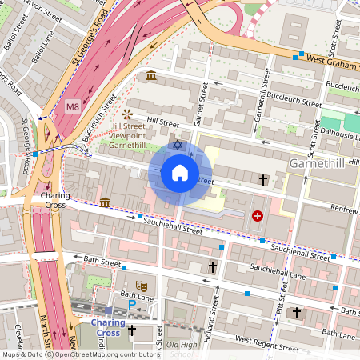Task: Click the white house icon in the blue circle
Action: pos(180,173)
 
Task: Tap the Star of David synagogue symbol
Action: pos(178,146)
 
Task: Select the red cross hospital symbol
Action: pos(258,215)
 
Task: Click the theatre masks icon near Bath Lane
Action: pos(142,285)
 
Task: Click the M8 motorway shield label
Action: pos(73,106)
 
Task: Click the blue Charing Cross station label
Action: pos(107,328)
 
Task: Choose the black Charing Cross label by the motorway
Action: pos(55,201)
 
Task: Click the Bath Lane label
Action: pos(117,298)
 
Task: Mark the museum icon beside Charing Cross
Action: pos(105,202)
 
